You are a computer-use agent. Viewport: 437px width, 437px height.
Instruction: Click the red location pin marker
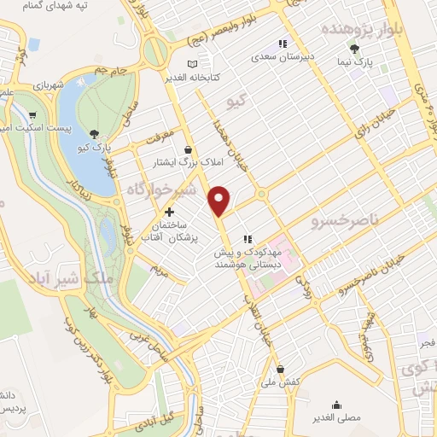coord(220,201)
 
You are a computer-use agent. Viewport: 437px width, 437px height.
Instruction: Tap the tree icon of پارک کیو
coord(93,134)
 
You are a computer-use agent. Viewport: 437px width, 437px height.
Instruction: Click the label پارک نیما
coord(354,63)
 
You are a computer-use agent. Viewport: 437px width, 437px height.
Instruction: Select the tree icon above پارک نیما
coord(354,50)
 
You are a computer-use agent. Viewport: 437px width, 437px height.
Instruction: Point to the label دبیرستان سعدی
coord(283,58)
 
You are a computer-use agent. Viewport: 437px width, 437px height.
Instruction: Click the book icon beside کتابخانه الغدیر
coord(190,64)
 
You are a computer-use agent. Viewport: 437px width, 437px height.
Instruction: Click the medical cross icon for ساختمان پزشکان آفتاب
coord(169,211)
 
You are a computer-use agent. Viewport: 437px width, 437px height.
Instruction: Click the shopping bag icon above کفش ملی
coord(280,370)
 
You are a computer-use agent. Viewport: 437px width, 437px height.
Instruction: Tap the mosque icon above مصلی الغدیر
coord(338,405)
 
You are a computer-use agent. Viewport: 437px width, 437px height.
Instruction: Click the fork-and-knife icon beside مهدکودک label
coord(248,239)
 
